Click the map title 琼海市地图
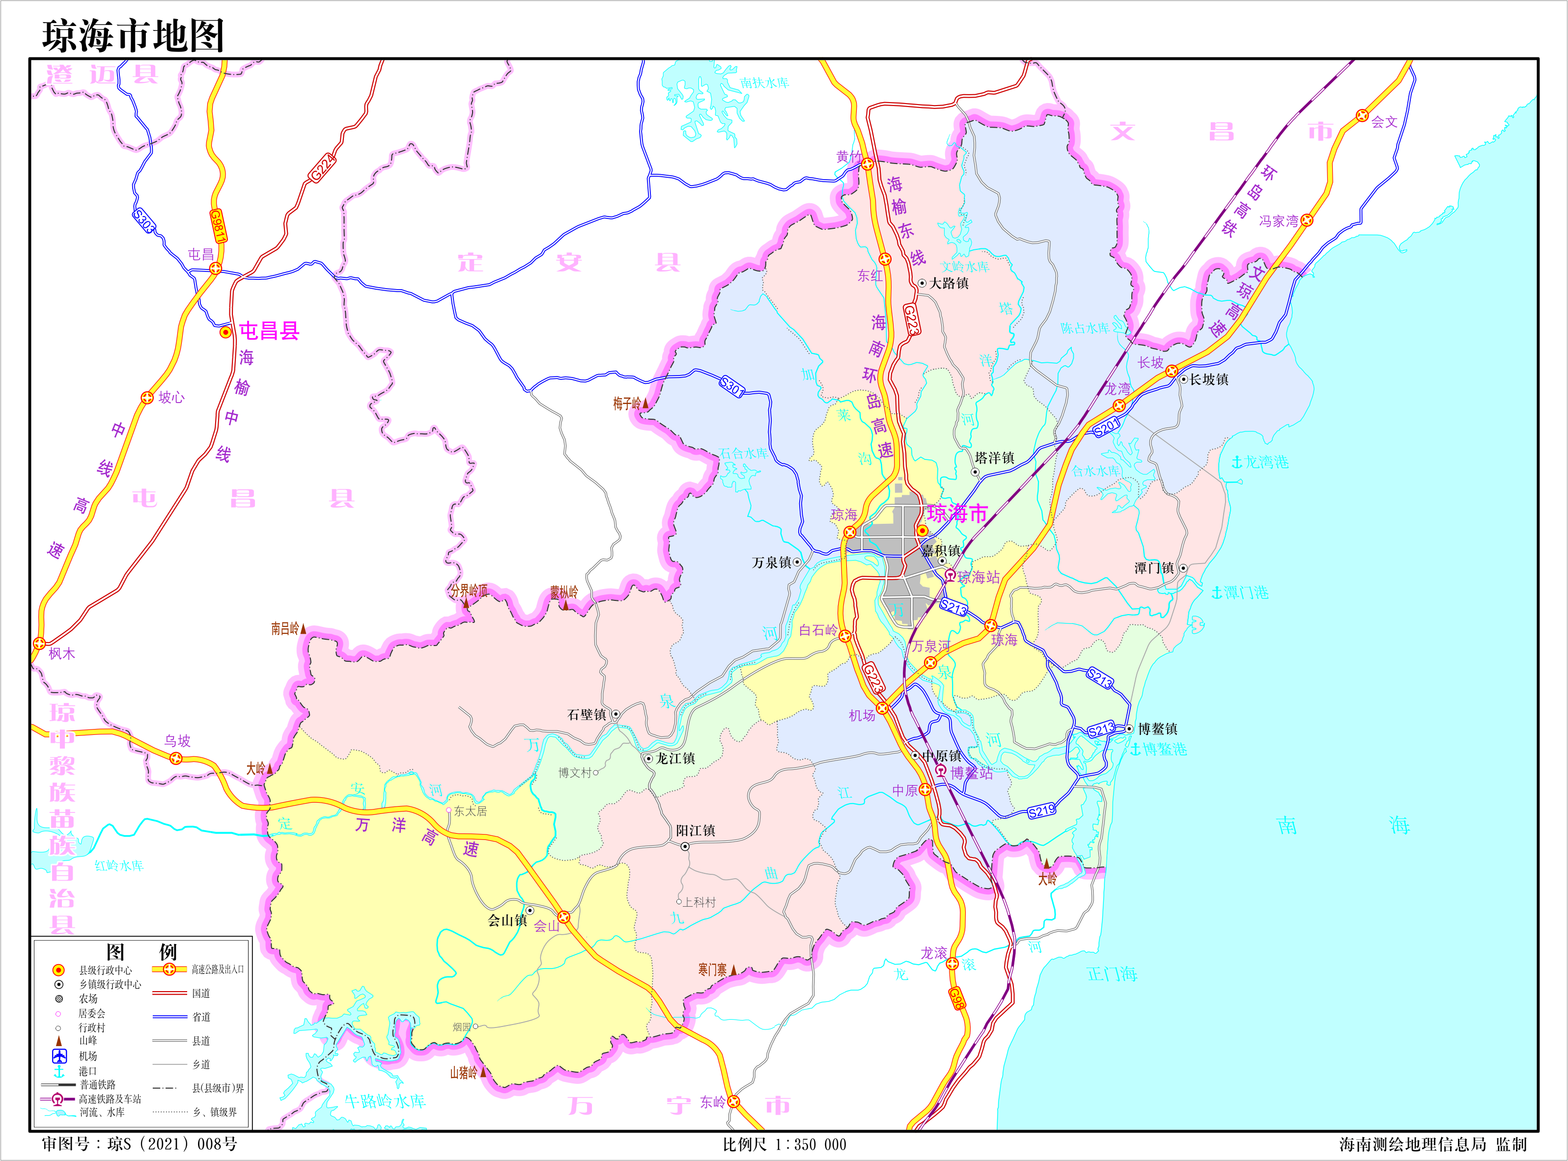pyautogui.click(x=133, y=35)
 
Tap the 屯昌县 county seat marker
pyautogui.click(x=225, y=332)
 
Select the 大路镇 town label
pyautogui.click(x=949, y=283)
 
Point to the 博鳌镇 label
pyautogui.click(x=1157, y=729)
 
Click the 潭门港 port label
pyautogui.click(x=1245, y=593)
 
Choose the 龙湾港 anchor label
pyautogui.click(x=1266, y=462)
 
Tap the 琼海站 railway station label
pyautogui.click(x=978, y=577)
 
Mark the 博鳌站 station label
pyautogui.click(x=972, y=773)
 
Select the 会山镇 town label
pyautogui.click(x=507, y=920)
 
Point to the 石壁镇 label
pyautogui.click(x=587, y=715)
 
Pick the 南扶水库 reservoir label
pyautogui.click(x=764, y=83)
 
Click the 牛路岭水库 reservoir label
pyautogui.click(x=385, y=1101)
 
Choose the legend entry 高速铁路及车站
pyautogui.click(x=110, y=1099)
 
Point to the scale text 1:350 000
pyautogui.click(x=811, y=1144)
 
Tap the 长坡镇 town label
pyautogui.click(x=1209, y=379)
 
